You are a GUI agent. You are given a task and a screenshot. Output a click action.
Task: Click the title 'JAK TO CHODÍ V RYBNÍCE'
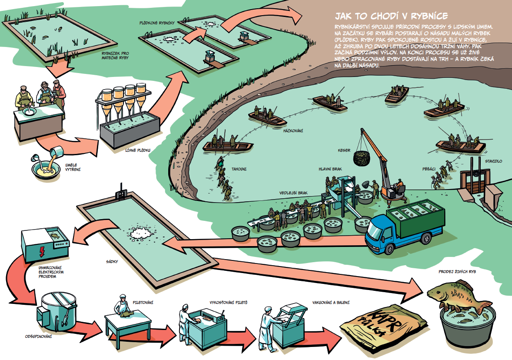tap(392, 16)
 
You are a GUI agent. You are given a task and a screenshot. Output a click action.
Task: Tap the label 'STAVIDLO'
tap(493, 161)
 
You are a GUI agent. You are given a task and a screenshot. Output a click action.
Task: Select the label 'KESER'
tap(344, 150)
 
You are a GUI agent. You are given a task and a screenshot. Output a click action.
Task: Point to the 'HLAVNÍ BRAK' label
tap(330, 169)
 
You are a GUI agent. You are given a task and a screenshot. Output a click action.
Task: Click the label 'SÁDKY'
tap(112, 262)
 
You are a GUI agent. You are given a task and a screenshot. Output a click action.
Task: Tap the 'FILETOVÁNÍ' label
tap(143, 303)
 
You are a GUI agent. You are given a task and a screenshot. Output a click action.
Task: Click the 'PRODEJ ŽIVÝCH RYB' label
tap(457, 271)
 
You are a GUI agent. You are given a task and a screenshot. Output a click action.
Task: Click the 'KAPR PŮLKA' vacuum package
tap(383, 324)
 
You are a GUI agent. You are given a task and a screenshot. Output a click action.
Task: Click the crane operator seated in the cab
tap(399, 186)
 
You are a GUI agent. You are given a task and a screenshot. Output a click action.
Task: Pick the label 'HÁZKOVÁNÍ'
tap(293, 131)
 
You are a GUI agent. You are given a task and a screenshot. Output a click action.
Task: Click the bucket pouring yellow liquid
tap(57, 152)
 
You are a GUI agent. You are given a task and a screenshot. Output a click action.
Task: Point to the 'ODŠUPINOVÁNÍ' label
tap(39, 337)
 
